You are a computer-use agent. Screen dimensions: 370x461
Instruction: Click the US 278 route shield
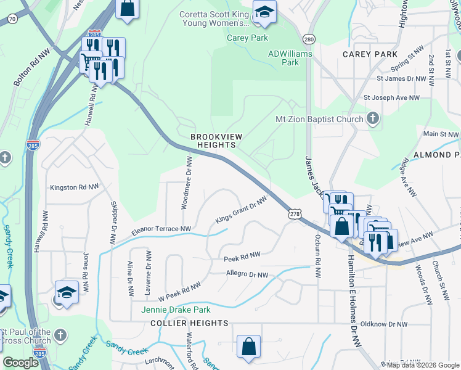295,213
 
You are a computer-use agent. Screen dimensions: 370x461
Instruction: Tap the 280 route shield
309,39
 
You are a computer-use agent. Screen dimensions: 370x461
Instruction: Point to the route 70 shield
12,19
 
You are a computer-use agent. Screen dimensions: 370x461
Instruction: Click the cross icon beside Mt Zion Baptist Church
373,118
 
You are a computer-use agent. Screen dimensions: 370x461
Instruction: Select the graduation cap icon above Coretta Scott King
264,12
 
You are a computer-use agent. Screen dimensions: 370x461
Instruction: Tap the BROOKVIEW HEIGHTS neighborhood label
213,141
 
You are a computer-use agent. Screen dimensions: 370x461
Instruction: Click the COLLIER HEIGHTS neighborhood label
189,323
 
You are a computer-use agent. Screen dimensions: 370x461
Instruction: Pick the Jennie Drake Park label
176,310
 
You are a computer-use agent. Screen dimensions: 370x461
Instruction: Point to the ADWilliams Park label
290,58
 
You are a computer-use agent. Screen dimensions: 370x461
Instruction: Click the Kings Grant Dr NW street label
241,211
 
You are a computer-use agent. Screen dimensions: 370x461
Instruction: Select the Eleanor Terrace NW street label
160,231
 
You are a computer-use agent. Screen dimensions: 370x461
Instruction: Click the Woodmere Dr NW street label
187,183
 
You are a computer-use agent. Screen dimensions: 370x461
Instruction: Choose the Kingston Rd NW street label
74,187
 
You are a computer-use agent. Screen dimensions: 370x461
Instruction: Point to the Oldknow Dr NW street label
384,324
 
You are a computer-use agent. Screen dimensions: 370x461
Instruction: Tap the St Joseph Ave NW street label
391,97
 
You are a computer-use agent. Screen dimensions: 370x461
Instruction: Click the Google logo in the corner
20,363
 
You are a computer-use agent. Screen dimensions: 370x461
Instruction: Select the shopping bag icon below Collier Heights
248,347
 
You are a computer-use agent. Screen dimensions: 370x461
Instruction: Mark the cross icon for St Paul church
59,335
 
